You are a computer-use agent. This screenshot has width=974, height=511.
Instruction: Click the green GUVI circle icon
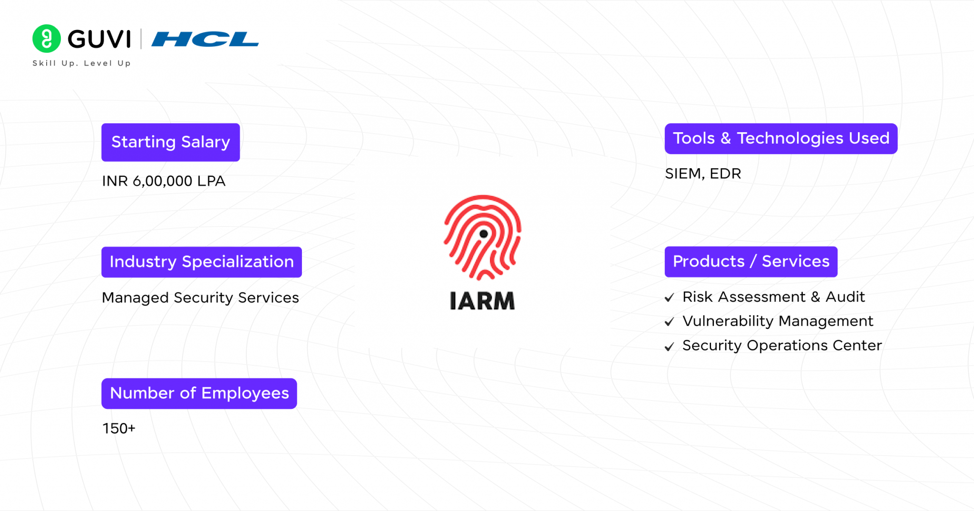(47, 39)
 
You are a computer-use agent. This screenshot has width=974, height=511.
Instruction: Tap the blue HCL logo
(205, 39)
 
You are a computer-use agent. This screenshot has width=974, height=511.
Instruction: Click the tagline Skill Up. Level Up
(81, 63)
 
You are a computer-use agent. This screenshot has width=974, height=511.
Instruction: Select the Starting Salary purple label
(170, 142)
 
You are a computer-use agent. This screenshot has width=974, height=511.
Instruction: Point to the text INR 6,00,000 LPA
(164, 181)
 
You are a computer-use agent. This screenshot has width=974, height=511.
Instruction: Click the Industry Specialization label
(201, 262)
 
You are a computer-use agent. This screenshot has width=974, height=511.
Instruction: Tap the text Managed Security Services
(200, 298)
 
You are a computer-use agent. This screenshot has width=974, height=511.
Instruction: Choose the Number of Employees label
(199, 393)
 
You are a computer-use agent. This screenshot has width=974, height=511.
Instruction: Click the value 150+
(119, 428)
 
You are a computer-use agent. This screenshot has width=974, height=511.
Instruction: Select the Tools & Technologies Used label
(780, 138)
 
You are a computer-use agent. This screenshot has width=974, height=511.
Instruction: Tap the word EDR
(725, 174)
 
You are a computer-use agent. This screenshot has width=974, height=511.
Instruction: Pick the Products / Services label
(750, 261)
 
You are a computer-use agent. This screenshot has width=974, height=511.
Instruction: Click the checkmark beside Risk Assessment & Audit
(669, 298)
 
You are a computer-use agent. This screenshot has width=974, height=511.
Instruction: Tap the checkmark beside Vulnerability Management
(669, 322)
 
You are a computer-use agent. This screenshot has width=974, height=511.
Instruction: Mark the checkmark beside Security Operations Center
(669, 347)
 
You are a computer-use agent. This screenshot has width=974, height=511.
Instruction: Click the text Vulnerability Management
(778, 321)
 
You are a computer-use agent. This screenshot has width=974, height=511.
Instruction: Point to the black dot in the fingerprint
(484, 233)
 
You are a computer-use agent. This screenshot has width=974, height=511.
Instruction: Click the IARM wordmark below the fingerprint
(482, 301)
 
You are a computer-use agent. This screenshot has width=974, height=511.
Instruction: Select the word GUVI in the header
(99, 39)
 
